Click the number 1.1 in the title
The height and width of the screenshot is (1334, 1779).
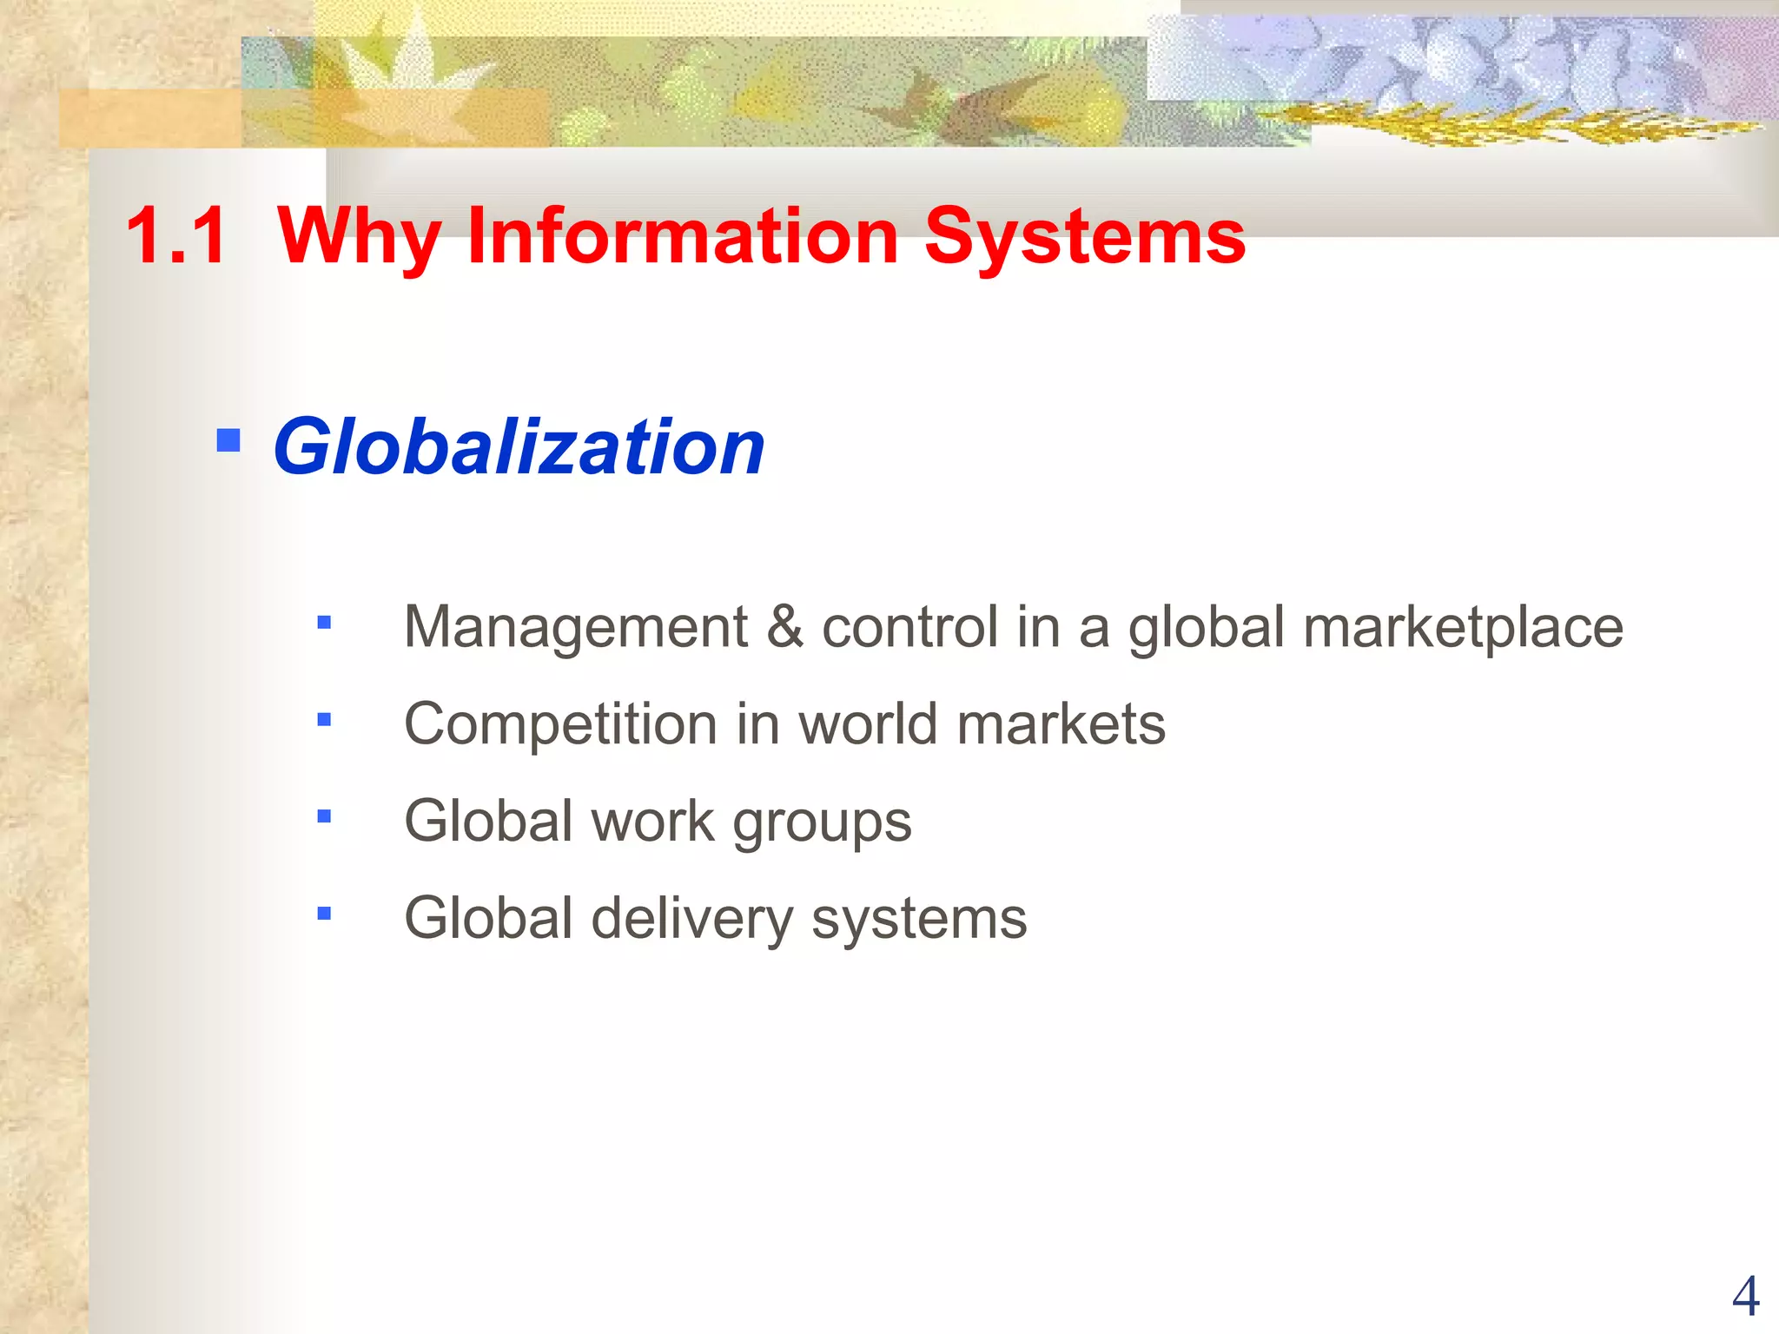pyautogui.click(x=177, y=235)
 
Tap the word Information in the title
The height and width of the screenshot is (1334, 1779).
pyautogui.click(x=683, y=235)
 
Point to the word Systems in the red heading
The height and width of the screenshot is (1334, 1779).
pyautogui.click(x=1085, y=235)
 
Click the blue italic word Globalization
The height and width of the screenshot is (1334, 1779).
pyautogui.click(x=519, y=447)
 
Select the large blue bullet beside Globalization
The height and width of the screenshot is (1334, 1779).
pyautogui.click(x=228, y=440)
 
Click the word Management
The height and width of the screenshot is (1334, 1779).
pyautogui.click(x=576, y=627)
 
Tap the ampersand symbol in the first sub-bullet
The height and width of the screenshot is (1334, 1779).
pyautogui.click(x=784, y=627)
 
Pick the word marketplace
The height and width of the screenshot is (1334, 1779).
pyautogui.click(x=1463, y=627)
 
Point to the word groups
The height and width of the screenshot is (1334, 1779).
pyautogui.click(x=822, y=822)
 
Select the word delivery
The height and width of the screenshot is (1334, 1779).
pyautogui.click(x=691, y=919)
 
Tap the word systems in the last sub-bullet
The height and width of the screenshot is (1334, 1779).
pyautogui.click(x=919, y=919)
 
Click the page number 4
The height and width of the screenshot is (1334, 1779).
pyautogui.click(x=1745, y=1297)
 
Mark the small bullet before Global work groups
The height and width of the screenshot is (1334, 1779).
pyautogui.click(x=324, y=816)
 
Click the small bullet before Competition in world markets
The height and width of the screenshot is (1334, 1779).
pyautogui.click(x=324, y=719)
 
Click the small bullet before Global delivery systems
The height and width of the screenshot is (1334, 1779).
pyautogui.click(x=324, y=914)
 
